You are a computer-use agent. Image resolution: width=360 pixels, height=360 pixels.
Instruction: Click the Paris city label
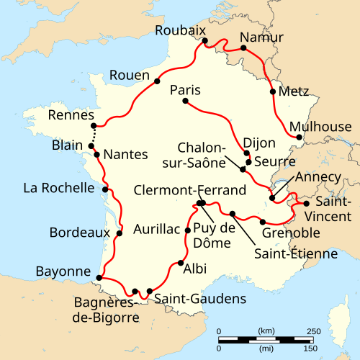185,91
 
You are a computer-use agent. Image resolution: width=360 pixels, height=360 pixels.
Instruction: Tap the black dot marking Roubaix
205,41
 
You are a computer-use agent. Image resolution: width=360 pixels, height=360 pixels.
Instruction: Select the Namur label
261,37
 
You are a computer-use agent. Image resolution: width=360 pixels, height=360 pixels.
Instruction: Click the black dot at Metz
272,91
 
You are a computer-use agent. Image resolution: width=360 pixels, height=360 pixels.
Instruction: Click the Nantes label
125,154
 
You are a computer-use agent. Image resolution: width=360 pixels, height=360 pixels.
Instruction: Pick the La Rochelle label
58,189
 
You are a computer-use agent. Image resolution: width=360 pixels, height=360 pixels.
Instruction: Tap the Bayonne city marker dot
98,275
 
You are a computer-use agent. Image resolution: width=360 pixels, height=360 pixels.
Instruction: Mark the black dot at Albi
179,263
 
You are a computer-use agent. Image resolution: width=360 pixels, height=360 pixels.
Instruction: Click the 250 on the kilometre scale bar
314,330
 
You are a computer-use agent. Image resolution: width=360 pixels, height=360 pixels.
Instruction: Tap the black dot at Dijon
247,153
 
